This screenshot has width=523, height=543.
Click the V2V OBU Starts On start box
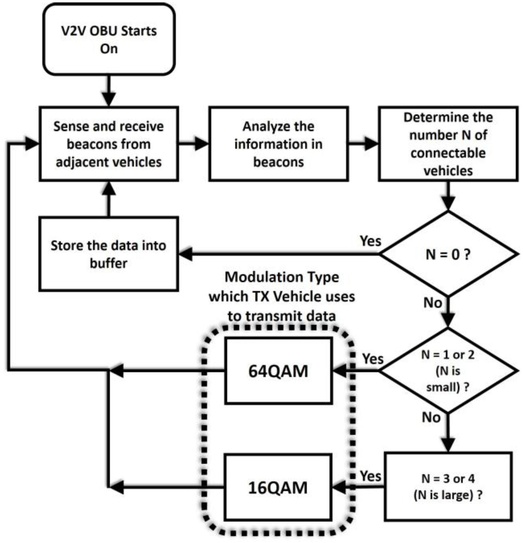coord(109,39)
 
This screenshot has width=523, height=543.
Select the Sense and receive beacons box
coord(109,144)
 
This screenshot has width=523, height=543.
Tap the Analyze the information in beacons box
coord(278,144)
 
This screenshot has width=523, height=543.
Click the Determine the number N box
coord(448,144)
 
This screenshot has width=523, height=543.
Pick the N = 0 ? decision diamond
coord(448,254)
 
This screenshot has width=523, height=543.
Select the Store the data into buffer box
coord(109,254)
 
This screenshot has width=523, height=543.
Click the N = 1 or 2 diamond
coord(448,371)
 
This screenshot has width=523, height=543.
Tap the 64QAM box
coord(278,371)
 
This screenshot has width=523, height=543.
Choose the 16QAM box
coord(278,488)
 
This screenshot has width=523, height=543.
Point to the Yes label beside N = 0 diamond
coord(370,241)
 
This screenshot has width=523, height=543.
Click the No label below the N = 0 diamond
coord(433,303)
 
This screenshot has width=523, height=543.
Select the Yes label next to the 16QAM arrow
coord(370,476)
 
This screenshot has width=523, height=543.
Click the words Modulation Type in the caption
coord(282,277)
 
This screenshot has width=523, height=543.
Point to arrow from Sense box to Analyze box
coord(193,144)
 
